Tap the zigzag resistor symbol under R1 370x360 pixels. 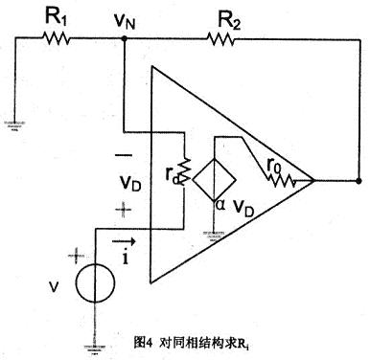pyautogui.click(x=56, y=39)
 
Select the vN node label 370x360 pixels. pyautogui.click(x=127, y=17)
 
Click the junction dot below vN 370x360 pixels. pyautogui.click(x=127, y=39)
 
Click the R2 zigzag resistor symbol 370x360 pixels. pyautogui.click(x=222, y=39)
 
